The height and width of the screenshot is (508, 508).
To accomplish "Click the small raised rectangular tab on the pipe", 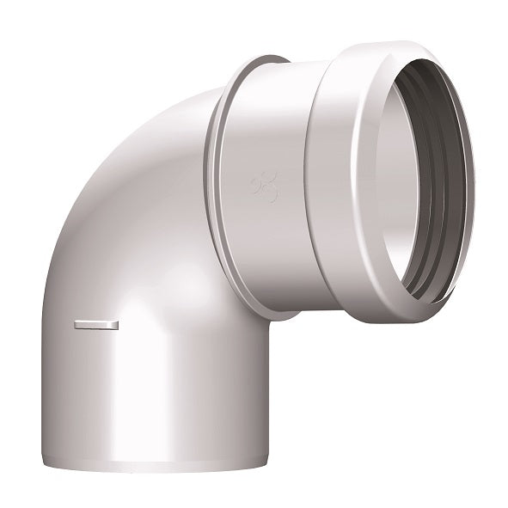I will point(95,324).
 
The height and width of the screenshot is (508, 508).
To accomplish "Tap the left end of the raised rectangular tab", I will point(77,324).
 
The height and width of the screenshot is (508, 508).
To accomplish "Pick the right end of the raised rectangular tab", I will point(115,324).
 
